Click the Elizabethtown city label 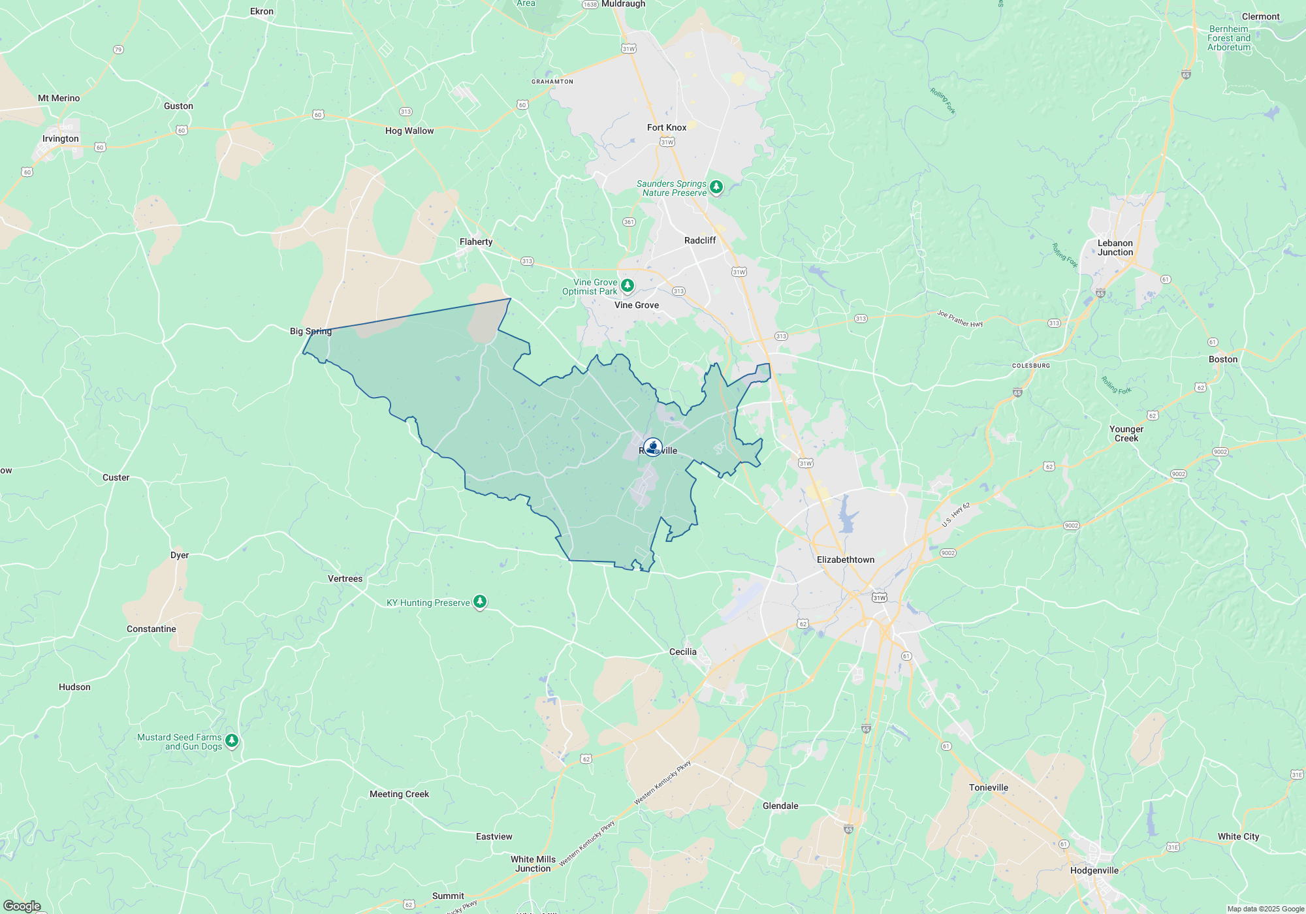(x=846, y=559)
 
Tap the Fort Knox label (x=667, y=127)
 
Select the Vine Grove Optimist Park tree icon (x=628, y=286)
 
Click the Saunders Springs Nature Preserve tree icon (x=716, y=187)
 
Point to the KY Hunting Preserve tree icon (x=480, y=602)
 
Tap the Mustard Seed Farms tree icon (x=232, y=741)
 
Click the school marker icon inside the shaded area (x=652, y=447)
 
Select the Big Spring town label (x=311, y=331)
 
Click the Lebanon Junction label (x=1115, y=247)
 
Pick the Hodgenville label (x=1094, y=870)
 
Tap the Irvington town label (x=61, y=138)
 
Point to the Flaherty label (x=476, y=242)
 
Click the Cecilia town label (x=683, y=652)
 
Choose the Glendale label (x=780, y=806)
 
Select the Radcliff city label (x=700, y=240)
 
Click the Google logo (x=22, y=906)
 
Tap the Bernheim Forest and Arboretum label (x=1229, y=38)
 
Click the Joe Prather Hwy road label (x=960, y=319)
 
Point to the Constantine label (x=151, y=629)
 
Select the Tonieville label (x=989, y=787)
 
